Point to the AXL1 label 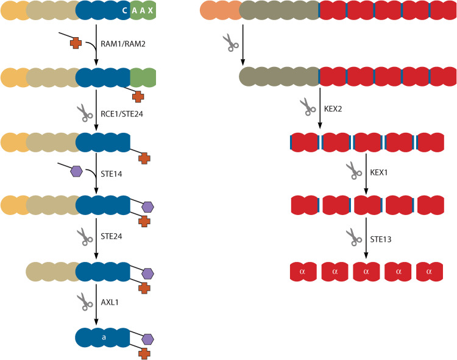click(110, 299)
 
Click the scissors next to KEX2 click(307, 107)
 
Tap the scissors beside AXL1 click(83, 300)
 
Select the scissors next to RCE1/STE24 click(83, 111)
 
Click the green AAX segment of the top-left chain click(143, 12)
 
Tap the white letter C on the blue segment click(124, 12)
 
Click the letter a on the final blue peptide click(103, 336)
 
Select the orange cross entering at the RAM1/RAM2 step click(76, 43)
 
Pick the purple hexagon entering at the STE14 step click(76, 171)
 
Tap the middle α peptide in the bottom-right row click(366, 271)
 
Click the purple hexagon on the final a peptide click(147, 338)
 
